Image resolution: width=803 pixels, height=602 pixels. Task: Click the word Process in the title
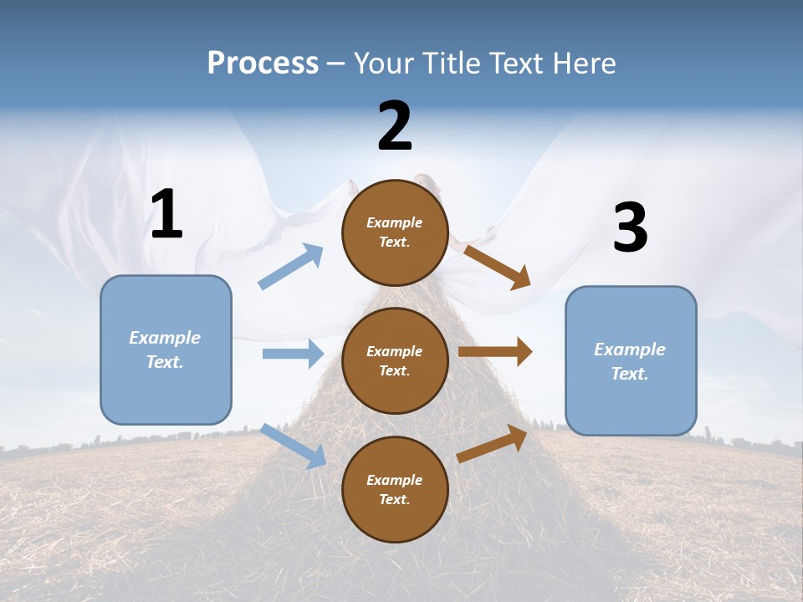coord(263,64)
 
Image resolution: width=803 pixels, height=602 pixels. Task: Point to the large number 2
coord(395,126)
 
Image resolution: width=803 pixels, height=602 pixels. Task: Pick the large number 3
coord(630,227)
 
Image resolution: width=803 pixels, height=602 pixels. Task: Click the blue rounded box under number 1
coord(166,349)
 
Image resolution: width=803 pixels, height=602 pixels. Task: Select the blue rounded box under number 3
coord(631,361)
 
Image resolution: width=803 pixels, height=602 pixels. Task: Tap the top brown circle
coord(395,232)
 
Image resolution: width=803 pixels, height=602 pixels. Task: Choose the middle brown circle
coord(395,360)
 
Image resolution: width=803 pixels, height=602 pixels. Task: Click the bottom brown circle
coord(395,489)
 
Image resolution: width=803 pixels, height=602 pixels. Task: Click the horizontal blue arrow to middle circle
coord(293,354)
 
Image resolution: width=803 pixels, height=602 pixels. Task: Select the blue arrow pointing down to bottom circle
coord(294,446)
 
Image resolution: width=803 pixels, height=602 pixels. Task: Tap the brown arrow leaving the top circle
coord(498,267)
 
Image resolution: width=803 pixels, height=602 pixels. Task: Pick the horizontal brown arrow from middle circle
coord(495,352)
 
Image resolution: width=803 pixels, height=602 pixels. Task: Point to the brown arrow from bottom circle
coord(492,444)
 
